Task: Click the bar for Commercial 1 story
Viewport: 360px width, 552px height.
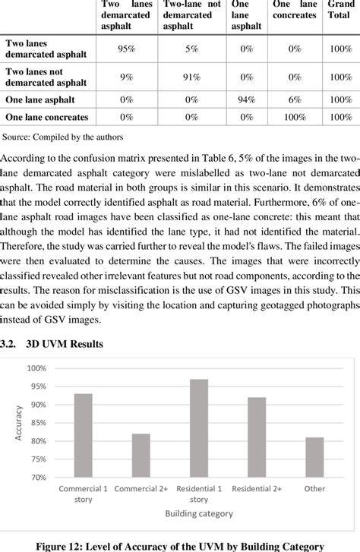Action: [x=84, y=435]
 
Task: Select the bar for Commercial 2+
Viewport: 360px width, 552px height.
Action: [x=141, y=455]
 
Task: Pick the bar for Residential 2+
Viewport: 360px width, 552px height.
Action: [x=256, y=437]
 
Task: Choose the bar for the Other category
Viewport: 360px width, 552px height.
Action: [x=314, y=457]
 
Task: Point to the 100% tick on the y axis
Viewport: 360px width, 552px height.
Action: [x=36, y=368]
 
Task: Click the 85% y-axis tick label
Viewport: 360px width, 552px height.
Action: [x=37, y=423]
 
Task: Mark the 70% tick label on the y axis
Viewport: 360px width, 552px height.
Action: [x=37, y=478]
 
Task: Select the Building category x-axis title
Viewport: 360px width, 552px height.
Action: [x=198, y=514]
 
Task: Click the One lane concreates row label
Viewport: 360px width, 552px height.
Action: [x=46, y=117]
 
